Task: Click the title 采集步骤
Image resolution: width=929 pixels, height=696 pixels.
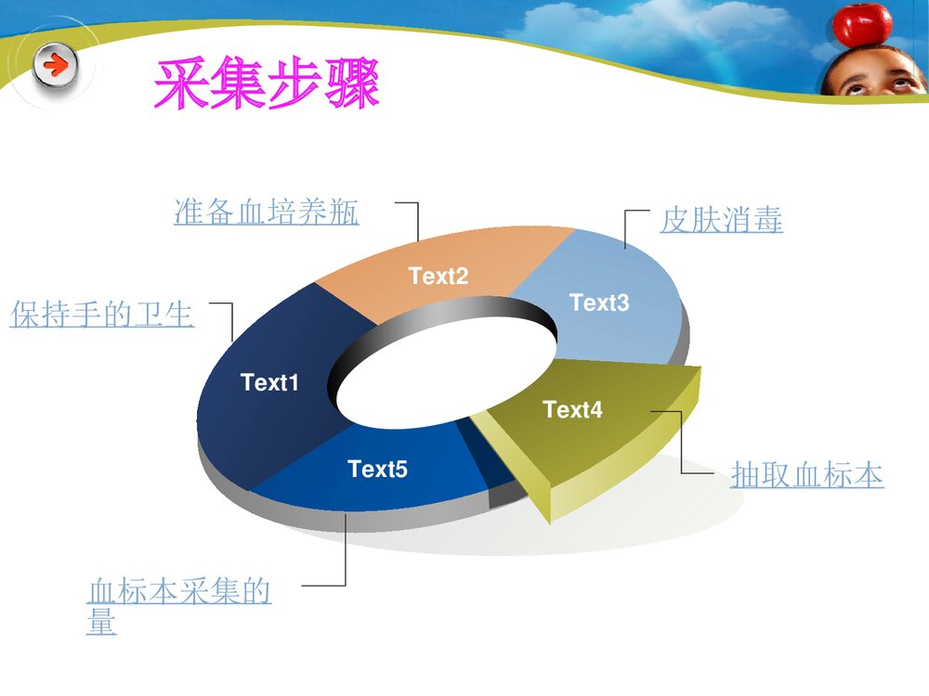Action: pos(267,84)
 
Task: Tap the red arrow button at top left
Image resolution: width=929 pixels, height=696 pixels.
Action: pos(56,67)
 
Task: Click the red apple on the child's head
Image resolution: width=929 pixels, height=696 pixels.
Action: pos(861,25)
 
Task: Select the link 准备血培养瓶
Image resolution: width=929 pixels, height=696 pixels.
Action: pos(267,213)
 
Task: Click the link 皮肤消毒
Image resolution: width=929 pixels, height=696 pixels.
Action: pos(721,221)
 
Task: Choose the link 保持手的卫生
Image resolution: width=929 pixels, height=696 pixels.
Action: pos(102,316)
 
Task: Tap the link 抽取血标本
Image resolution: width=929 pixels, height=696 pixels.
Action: pos(806,475)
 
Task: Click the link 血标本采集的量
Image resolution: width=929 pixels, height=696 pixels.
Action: pos(178,592)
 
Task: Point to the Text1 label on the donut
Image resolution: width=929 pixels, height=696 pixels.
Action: pos(269,382)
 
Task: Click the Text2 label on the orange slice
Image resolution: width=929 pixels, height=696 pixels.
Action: pos(438,276)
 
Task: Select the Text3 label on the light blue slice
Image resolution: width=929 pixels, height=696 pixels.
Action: pos(599,303)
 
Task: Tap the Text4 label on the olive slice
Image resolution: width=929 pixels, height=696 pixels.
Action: pos(572,409)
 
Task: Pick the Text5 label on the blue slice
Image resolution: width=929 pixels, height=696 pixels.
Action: pos(377,470)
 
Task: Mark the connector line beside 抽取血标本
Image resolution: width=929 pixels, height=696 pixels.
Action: pos(682,445)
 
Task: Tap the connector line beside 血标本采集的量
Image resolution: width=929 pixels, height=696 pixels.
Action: pos(345,557)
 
